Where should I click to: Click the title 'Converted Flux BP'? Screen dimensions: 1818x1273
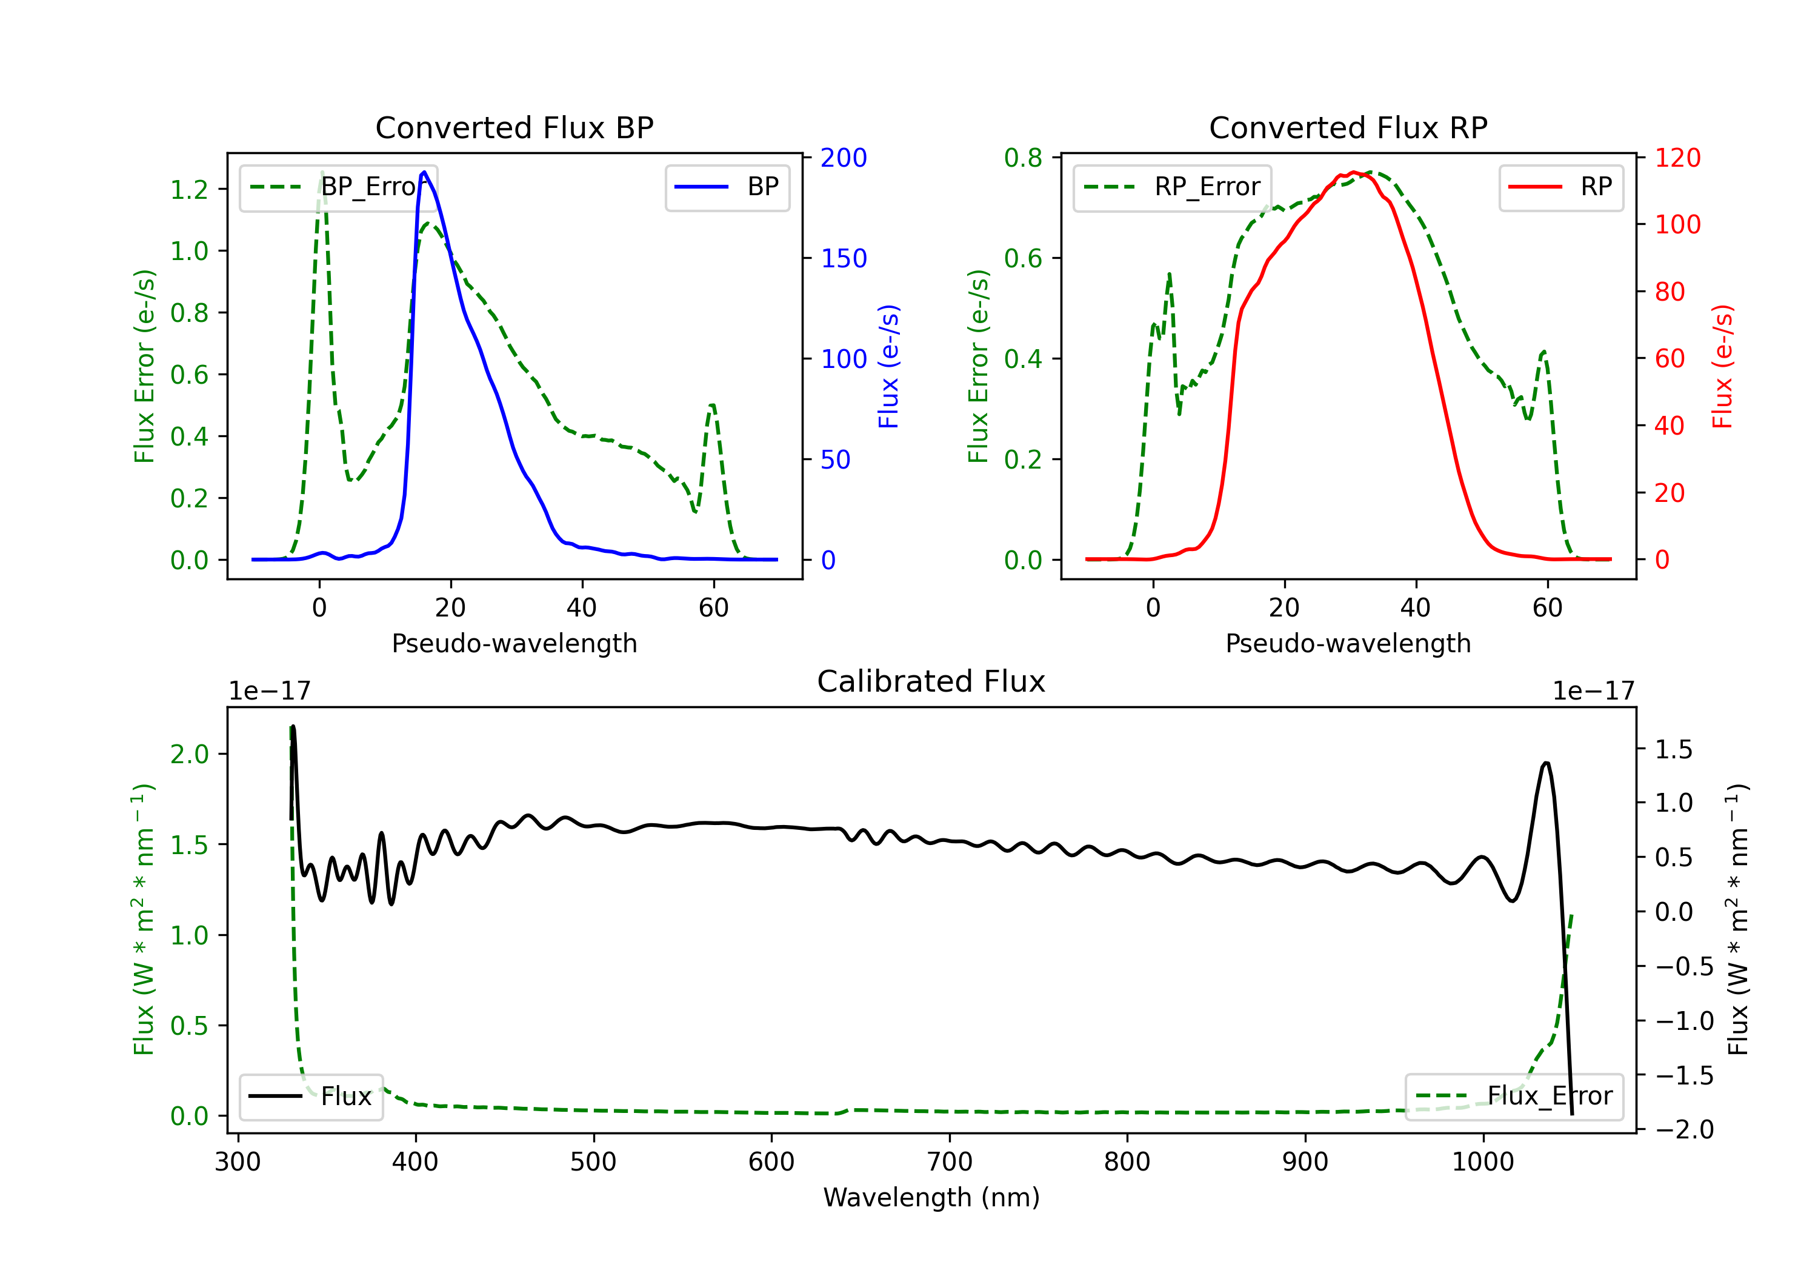514,127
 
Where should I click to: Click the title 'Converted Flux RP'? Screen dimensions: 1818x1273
1348,127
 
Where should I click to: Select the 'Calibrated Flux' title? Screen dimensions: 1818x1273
931,681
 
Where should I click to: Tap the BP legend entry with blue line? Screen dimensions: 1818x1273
727,187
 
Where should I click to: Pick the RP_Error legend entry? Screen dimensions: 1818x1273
1172,187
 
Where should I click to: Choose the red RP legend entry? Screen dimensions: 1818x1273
1560,187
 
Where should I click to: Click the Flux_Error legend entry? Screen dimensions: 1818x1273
1514,1097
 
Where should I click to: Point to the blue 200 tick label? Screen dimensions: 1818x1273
844,158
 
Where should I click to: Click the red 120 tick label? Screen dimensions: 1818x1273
1678,158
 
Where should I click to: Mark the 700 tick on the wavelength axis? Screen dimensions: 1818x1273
950,1162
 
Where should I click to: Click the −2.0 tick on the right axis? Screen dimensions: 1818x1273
1684,1129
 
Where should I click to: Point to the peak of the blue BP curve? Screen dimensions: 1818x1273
424,172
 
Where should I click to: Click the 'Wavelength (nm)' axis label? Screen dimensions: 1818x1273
931,1198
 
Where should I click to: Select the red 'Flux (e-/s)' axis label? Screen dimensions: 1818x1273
1723,366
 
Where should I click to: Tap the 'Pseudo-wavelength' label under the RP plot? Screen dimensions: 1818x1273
1348,643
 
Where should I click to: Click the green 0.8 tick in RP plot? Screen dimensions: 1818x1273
1023,158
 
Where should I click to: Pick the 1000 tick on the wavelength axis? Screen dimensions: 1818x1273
1483,1162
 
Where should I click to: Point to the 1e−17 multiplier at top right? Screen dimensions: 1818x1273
1593,691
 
